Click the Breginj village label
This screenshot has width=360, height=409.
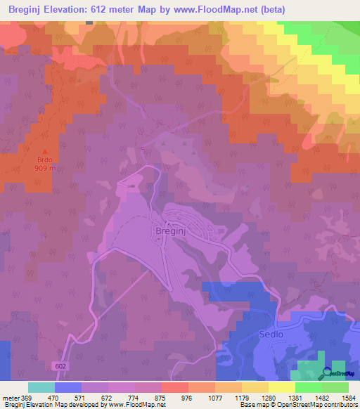pyautogui.click(x=169, y=230)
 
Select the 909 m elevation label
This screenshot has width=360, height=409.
pyautogui.click(x=44, y=169)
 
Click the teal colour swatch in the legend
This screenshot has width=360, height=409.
pyautogui.click(x=41, y=387)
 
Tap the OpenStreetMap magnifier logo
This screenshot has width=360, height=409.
pyautogui.click(x=326, y=373)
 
